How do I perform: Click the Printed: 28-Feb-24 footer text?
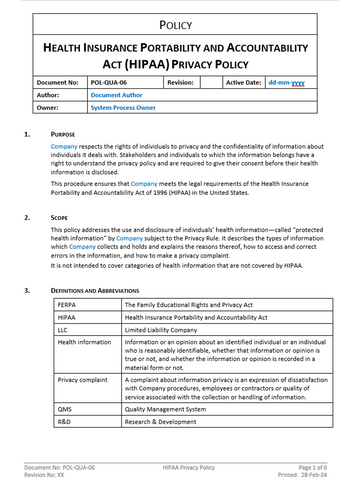pyautogui.click(x=307, y=473)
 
